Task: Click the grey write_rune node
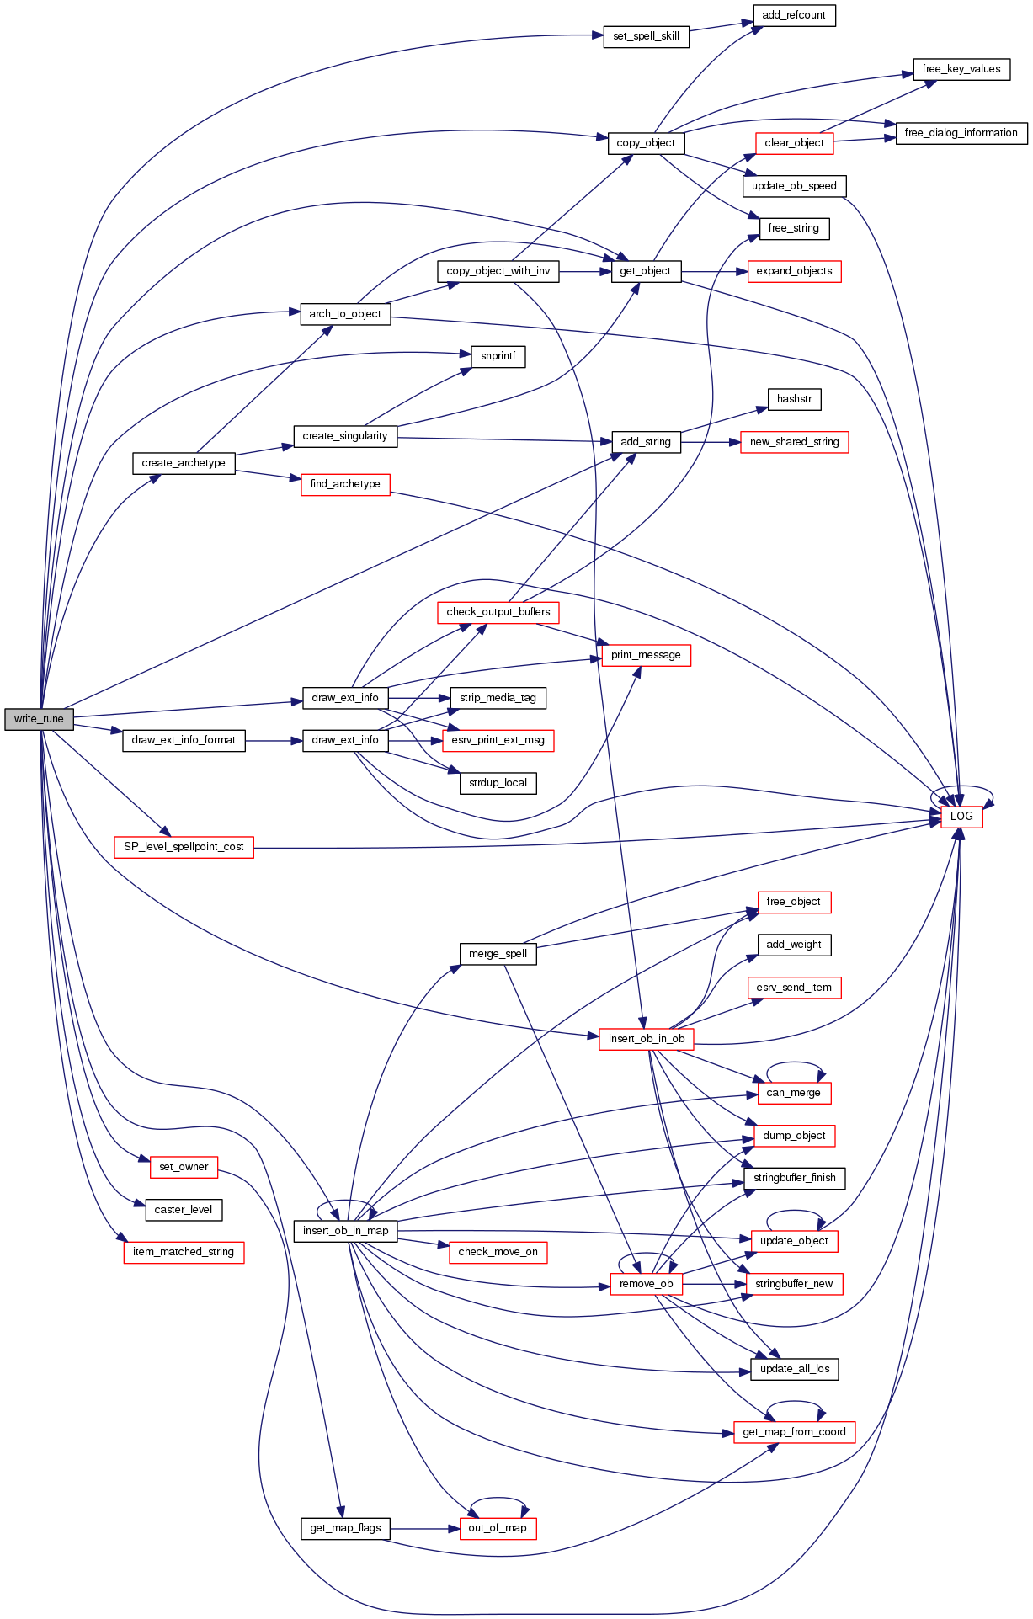39,719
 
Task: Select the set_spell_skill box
646,36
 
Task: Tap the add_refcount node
793,15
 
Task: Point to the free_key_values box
961,69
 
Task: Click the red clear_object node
794,143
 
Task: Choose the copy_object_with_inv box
498,271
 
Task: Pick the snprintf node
498,356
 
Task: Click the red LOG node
961,816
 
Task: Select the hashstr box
794,399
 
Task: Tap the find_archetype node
344,484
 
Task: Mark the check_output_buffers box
498,612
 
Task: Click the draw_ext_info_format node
184,740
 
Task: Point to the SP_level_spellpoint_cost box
184,847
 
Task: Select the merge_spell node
498,954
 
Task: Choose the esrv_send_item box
793,988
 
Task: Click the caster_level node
184,1210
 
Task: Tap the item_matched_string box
184,1252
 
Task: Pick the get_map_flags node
345,1528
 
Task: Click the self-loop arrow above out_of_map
498,1499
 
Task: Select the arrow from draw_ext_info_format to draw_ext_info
274,741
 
